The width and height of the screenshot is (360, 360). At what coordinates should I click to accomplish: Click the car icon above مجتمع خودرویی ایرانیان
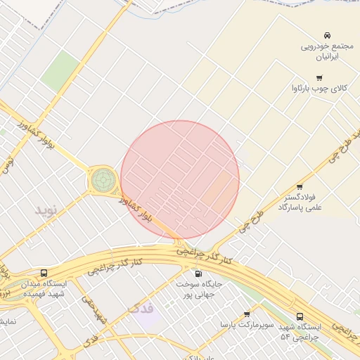(327, 35)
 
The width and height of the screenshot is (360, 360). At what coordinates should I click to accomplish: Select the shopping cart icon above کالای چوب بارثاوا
(320, 78)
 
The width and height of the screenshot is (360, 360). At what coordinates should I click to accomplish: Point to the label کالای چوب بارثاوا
(320, 89)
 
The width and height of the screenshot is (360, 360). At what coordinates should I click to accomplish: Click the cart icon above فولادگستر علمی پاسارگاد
(300, 186)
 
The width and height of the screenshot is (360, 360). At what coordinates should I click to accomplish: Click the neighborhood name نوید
(49, 210)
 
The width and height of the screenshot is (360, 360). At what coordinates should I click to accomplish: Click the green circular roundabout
(103, 181)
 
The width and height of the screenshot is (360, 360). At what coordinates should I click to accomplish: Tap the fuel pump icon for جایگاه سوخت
(198, 274)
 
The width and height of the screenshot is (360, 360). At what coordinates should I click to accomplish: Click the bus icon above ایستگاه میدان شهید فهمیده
(45, 273)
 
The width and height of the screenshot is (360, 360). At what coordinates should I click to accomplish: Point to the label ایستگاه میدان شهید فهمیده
(45, 288)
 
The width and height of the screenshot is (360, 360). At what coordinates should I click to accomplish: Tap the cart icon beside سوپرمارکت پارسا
(247, 314)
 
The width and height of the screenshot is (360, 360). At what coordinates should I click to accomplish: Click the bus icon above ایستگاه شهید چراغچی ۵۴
(300, 317)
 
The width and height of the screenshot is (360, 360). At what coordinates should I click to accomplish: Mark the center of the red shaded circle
(180, 180)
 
